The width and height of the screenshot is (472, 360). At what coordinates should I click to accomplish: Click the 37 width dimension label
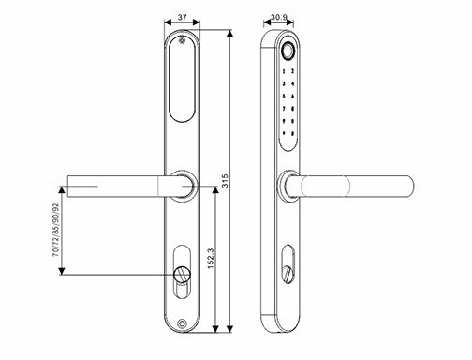(182, 18)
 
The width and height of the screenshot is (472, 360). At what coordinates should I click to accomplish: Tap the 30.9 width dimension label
(278, 18)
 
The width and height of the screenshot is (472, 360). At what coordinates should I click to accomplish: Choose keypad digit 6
(293, 97)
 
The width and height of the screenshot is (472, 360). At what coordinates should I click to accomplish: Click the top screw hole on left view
(182, 40)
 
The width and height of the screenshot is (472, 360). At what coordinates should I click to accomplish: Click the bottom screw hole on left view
(182, 326)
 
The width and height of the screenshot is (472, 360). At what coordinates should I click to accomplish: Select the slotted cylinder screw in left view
(182, 275)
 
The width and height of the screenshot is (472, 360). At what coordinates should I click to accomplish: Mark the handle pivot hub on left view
(183, 186)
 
